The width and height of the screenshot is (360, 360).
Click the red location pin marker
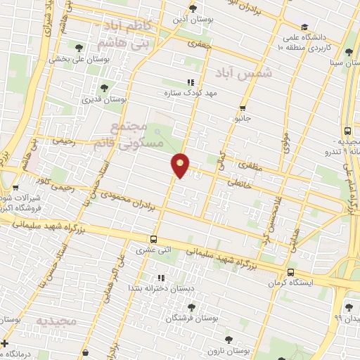(181, 165)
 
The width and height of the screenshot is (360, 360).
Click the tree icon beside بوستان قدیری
(104, 89)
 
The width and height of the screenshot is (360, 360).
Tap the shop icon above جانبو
(243, 108)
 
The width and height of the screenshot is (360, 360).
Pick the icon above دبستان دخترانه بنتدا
(160, 278)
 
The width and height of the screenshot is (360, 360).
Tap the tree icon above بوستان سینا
(349, 52)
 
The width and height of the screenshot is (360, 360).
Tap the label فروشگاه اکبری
(21, 208)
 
